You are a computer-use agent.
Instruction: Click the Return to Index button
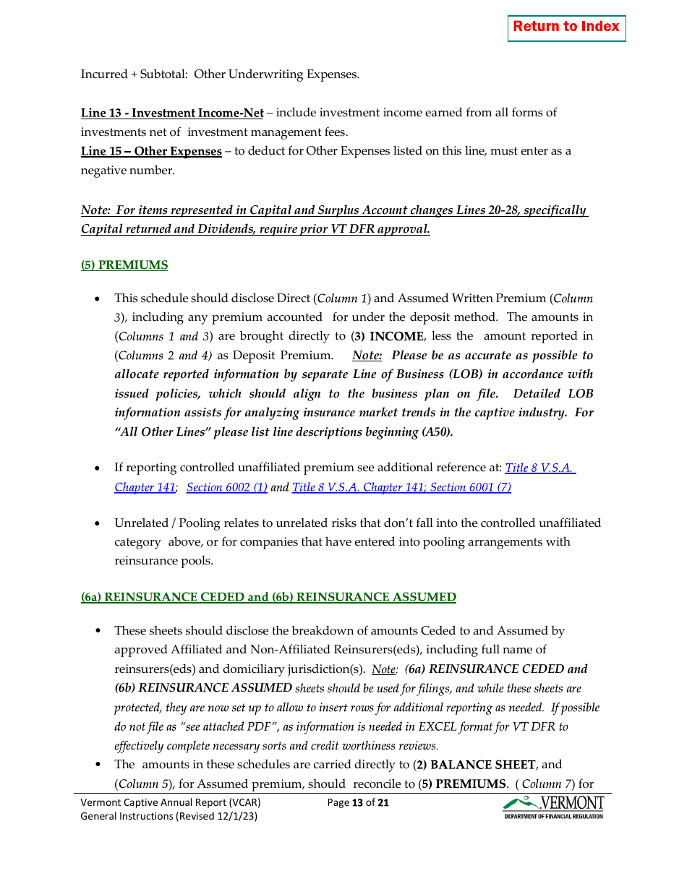pos(566,27)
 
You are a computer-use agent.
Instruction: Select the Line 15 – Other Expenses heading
pos(151,151)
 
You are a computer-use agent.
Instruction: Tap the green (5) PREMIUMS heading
pos(124,265)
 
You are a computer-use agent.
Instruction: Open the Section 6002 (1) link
pos(227,488)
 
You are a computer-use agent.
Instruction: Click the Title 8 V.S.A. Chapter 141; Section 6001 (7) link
pos(401,488)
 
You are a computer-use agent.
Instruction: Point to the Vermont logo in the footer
pos(553,807)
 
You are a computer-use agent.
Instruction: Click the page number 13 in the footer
pos(357,802)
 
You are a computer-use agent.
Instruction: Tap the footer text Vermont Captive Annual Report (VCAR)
pos(171,802)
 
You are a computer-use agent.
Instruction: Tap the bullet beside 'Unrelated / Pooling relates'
pos(98,523)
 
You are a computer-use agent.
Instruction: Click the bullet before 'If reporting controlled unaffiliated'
pos(98,468)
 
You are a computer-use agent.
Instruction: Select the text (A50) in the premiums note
pos(437,432)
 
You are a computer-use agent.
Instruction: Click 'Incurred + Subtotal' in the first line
pos(134,74)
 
